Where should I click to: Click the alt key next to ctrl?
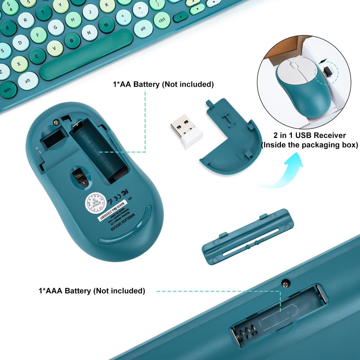coord(143,28)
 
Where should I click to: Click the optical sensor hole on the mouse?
coord(81,178)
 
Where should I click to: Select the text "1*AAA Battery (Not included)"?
coord(92,291)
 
